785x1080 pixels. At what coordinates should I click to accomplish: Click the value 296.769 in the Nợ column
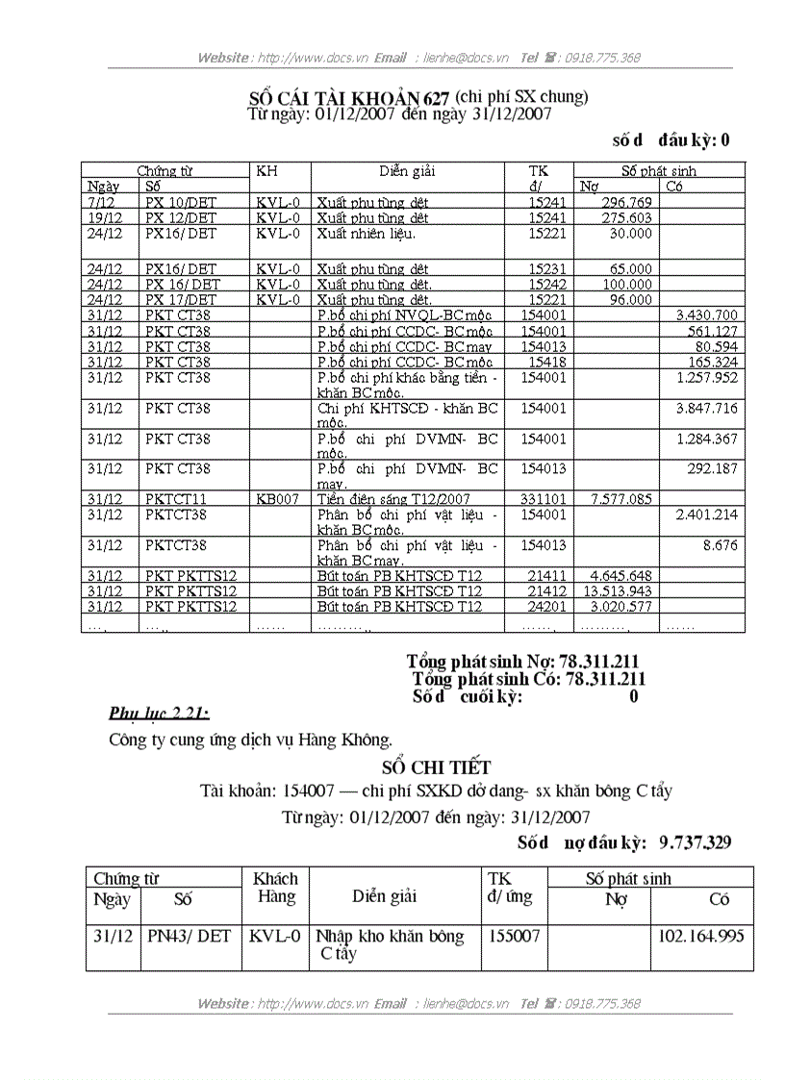coord(626,203)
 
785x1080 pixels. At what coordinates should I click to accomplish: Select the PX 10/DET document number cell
coord(181,203)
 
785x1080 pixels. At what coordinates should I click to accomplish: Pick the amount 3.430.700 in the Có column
coord(706,315)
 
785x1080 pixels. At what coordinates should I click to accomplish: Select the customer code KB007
coord(278,499)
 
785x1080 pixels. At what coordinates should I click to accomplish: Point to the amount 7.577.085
coord(620,499)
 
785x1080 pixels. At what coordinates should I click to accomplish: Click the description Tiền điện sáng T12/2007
coord(392,499)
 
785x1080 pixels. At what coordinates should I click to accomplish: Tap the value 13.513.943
coord(617,590)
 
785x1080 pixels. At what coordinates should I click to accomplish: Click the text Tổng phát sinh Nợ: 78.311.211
coord(522,662)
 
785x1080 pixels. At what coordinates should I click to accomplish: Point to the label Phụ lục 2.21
coord(159,713)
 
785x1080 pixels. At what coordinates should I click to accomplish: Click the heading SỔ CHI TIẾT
coord(436,767)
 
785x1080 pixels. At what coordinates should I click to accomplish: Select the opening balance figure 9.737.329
coord(695,842)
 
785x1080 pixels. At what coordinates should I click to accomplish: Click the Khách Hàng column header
coord(275,888)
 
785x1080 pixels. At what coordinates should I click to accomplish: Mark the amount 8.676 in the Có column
coord(720,545)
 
